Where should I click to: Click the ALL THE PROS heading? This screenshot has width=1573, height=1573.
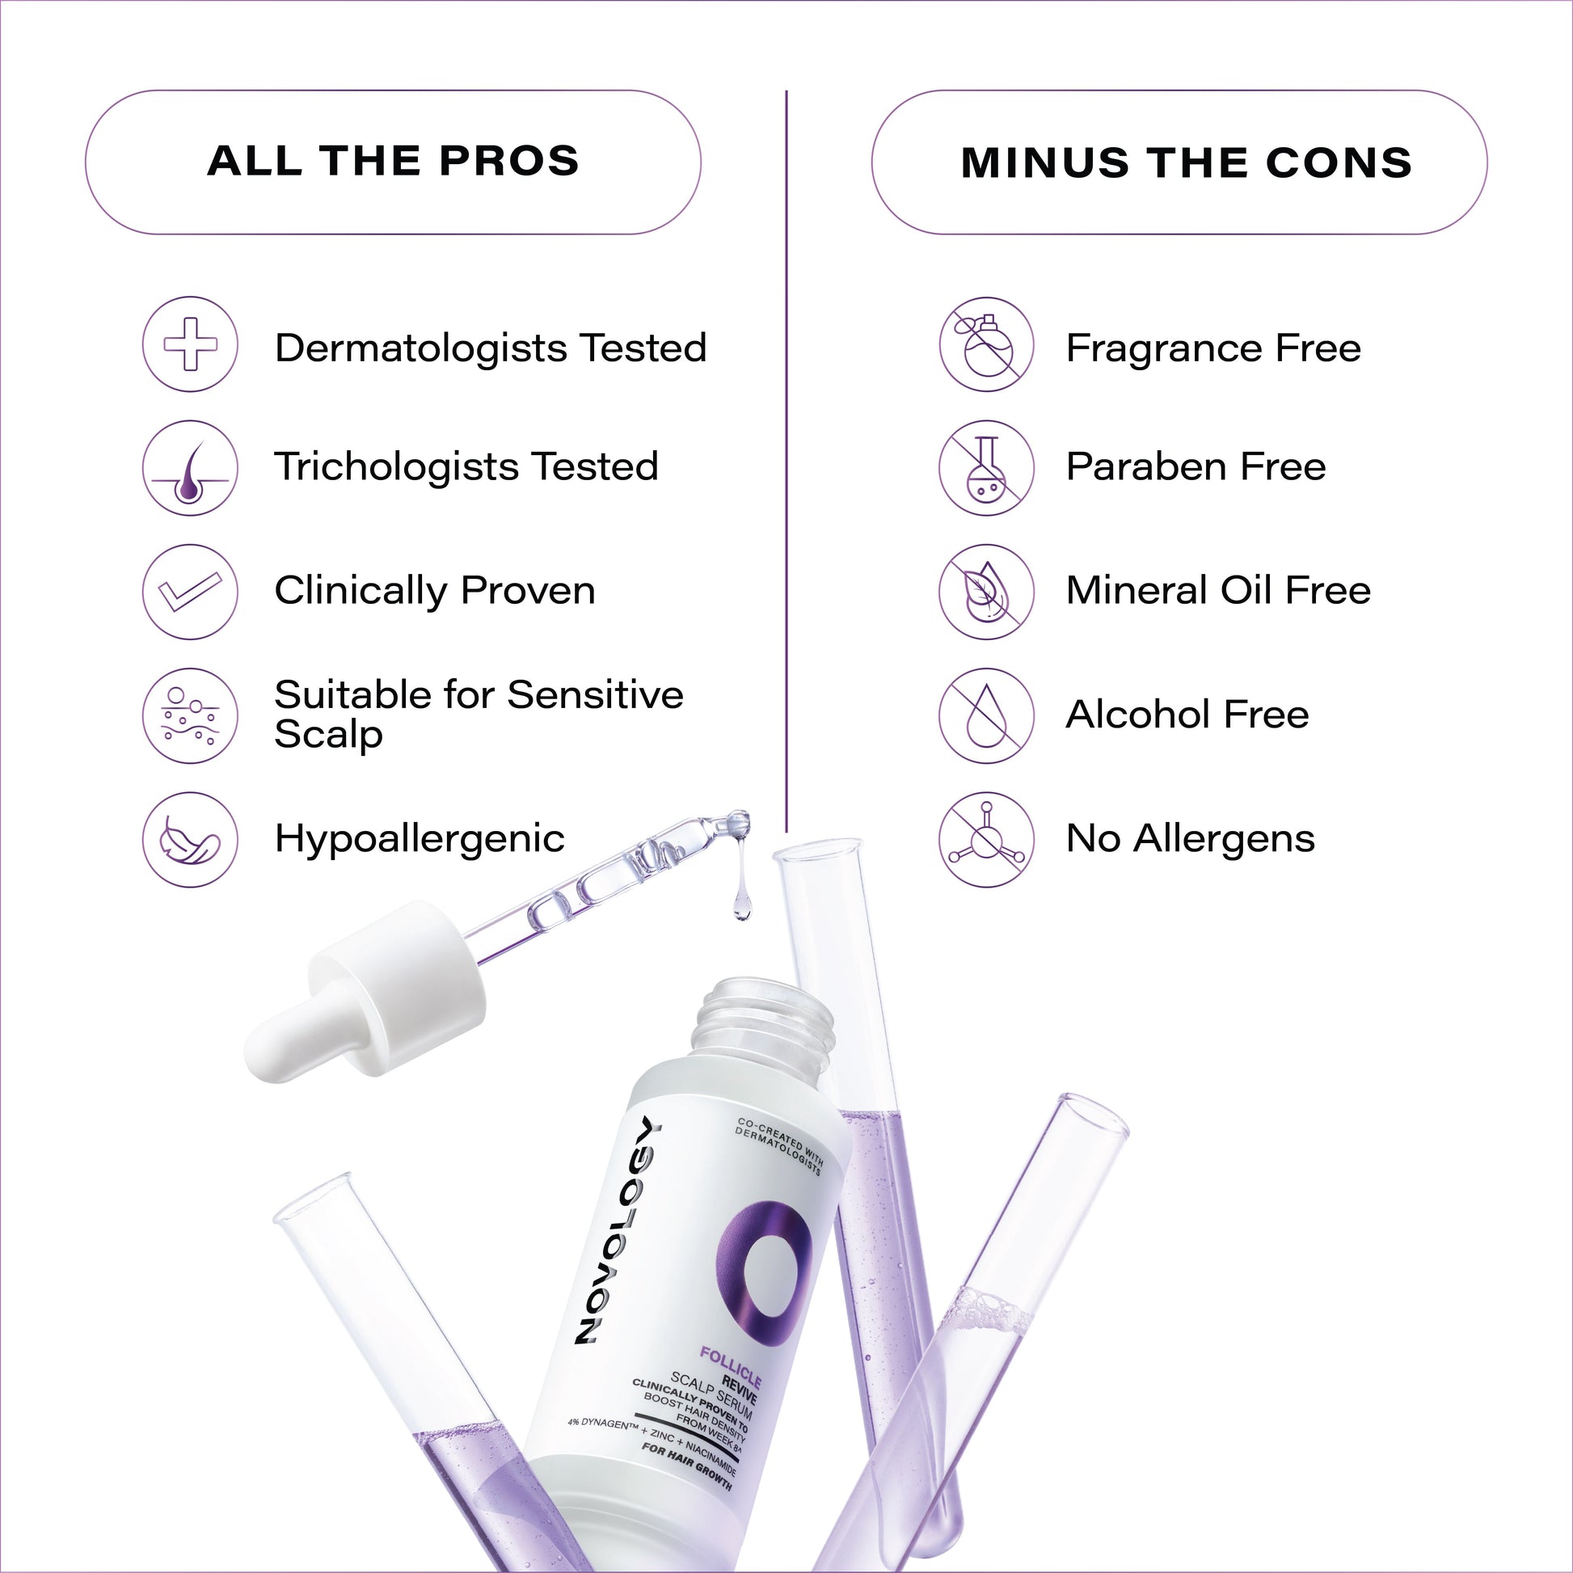[393, 161]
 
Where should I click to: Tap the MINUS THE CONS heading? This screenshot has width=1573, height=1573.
[1187, 162]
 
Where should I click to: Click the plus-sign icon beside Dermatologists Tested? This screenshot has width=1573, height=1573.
[191, 344]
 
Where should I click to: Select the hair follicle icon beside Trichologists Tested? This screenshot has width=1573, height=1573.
[191, 468]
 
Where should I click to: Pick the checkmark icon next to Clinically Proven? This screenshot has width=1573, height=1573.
[191, 592]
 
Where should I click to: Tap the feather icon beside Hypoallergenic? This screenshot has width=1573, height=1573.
[191, 839]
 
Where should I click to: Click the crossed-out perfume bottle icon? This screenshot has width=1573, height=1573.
[986, 344]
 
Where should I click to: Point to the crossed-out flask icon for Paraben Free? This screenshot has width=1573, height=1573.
[986, 468]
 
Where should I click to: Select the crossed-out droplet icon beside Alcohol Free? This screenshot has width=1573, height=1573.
[986, 715]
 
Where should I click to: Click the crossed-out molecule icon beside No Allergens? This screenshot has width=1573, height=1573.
[986, 839]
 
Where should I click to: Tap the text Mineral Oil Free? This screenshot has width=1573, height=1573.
[1218, 590]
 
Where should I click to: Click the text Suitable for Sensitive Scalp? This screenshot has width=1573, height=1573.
[479, 714]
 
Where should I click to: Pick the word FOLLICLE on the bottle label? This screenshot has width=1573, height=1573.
[731, 1368]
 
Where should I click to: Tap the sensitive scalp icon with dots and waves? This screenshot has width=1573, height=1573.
[191, 715]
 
